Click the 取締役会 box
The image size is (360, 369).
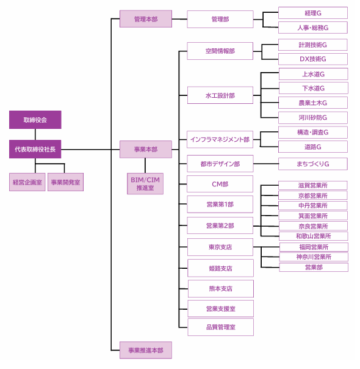(x=35, y=120)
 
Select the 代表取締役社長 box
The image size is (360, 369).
(x=35, y=149)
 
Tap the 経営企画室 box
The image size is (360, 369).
(x=27, y=182)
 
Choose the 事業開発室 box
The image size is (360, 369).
(x=65, y=182)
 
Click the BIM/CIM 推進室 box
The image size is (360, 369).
(x=145, y=184)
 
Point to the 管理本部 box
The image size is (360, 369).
(x=146, y=19)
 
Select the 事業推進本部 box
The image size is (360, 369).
(x=146, y=350)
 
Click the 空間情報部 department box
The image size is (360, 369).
(x=220, y=51)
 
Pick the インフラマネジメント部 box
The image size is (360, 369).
(x=220, y=139)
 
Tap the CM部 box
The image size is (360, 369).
(x=220, y=184)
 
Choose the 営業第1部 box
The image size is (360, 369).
(x=220, y=204)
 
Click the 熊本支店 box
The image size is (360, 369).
(x=221, y=289)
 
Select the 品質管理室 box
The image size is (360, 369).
(x=221, y=327)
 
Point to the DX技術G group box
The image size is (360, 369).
(x=313, y=59)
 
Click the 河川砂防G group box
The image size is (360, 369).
(x=313, y=118)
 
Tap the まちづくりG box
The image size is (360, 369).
(x=313, y=164)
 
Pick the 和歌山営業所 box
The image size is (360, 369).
(x=314, y=236)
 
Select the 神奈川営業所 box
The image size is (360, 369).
(x=314, y=257)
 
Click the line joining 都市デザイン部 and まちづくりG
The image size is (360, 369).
(x=266, y=164)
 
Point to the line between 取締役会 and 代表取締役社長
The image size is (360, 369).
(x=35, y=134)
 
